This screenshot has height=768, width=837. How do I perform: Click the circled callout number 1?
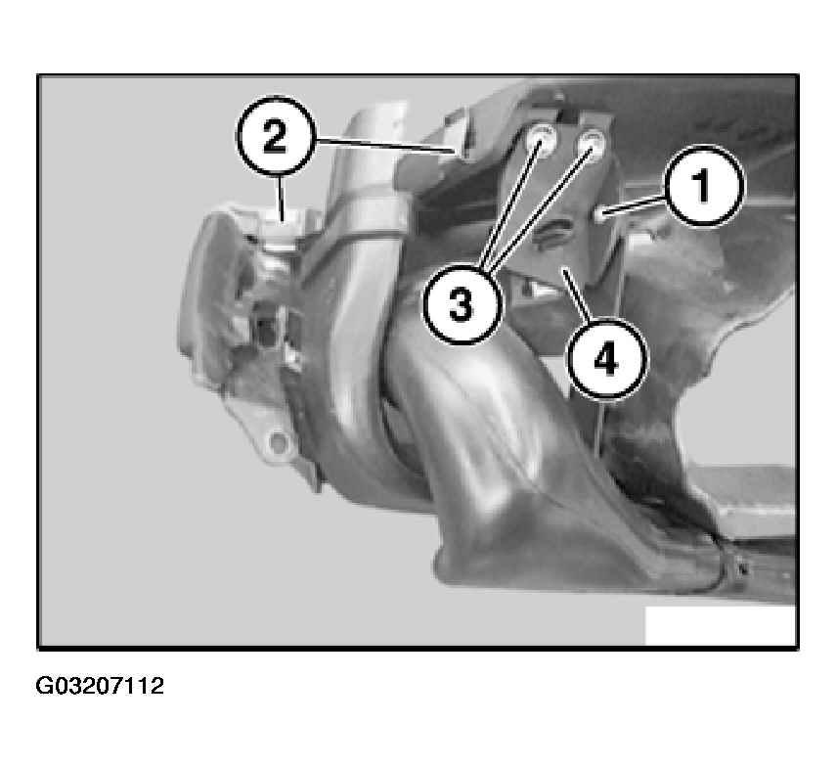[x=704, y=186]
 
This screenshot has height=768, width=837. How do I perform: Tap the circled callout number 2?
[x=275, y=136]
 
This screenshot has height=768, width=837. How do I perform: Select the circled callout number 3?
[x=462, y=305]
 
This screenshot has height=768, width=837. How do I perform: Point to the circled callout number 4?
[x=606, y=358]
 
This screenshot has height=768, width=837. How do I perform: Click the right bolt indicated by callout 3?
[x=591, y=142]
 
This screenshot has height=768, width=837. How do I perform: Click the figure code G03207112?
[x=100, y=685]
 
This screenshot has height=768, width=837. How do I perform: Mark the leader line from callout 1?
[x=635, y=205]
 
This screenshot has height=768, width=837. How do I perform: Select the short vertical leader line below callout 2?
[x=280, y=196]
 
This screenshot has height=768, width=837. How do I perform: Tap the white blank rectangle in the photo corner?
[x=720, y=625]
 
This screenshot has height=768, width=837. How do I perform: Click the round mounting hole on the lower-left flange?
[x=277, y=441]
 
